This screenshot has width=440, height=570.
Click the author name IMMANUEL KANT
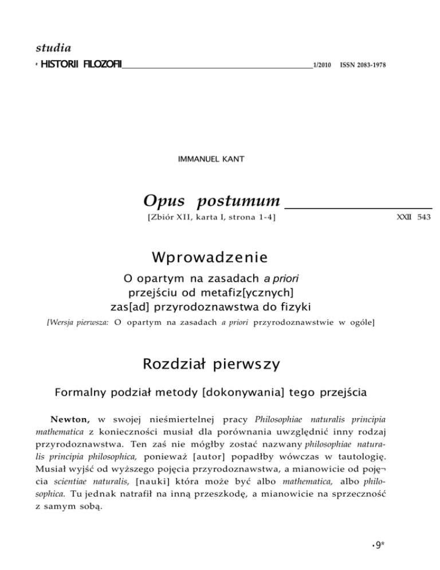[x=207, y=158]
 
